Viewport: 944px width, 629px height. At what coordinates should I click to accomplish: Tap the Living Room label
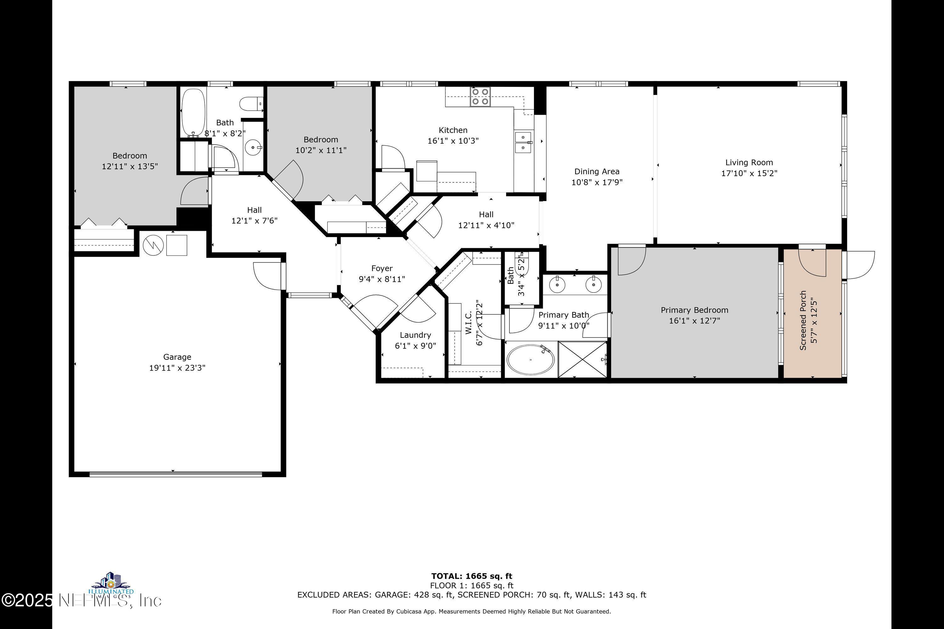pyautogui.click(x=749, y=163)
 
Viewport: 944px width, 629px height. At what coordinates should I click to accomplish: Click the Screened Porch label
pyautogui.click(x=803, y=320)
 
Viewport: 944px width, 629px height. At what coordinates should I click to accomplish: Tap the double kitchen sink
pyautogui.click(x=523, y=142)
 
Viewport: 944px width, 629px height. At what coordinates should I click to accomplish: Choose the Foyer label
pyautogui.click(x=382, y=268)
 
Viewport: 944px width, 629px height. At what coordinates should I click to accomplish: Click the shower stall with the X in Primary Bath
pyautogui.click(x=582, y=359)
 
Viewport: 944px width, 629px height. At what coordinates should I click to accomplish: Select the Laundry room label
pyautogui.click(x=415, y=335)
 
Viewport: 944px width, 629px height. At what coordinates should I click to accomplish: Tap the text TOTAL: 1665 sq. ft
pyautogui.click(x=472, y=576)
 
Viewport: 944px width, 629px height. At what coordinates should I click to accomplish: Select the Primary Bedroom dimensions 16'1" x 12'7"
pyautogui.click(x=694, y=321)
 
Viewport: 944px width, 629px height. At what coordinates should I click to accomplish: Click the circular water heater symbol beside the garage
pyautogui.click(x=153, y=245)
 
